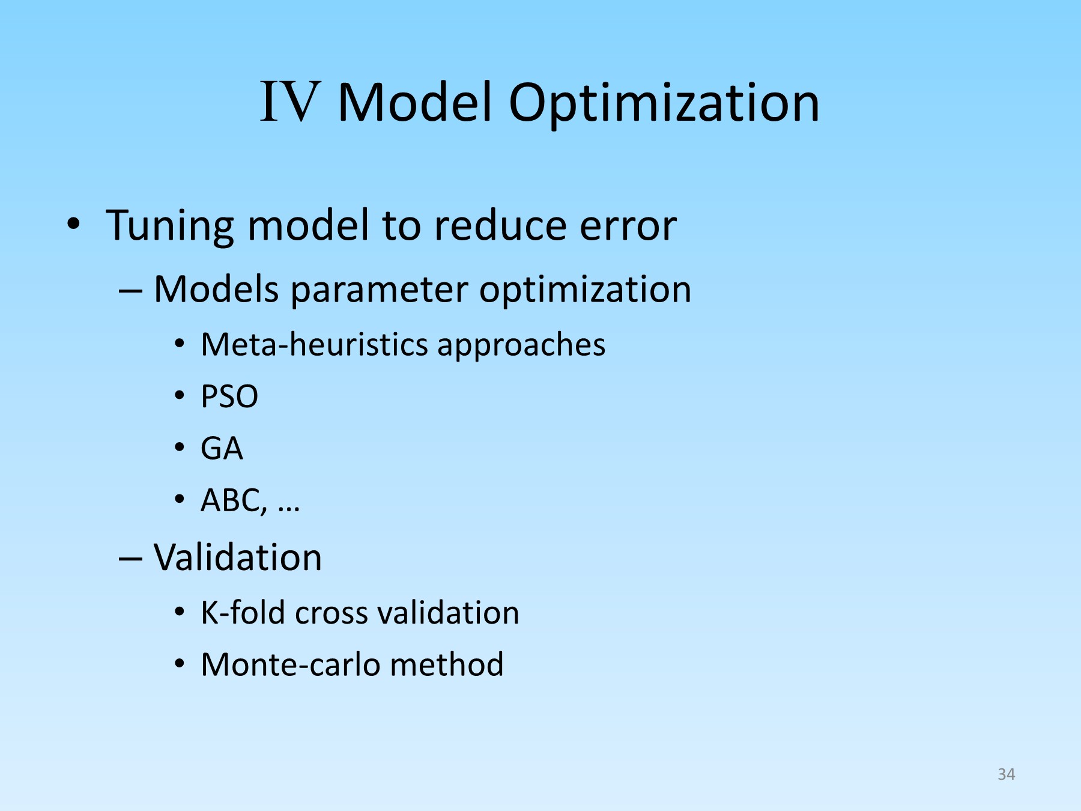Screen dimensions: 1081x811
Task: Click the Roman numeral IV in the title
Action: coord(289,102)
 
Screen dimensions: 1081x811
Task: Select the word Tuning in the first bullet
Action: coord(170,228)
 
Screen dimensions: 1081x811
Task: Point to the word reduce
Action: coord(500,225)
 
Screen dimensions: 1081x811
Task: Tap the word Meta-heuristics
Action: coord(314,345)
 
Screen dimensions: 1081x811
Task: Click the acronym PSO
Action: coord(229,397)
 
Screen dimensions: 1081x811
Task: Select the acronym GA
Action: coord(222,449)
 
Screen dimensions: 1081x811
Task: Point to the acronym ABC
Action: coord(231,500)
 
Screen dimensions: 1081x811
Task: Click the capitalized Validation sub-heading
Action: coord(238,557)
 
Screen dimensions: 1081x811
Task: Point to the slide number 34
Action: coord(1006,774)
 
